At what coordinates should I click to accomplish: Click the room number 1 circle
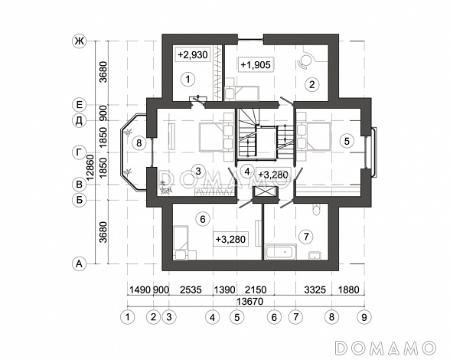pyautogui.click(x=188, y=79)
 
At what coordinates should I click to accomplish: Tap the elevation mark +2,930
pyautogui.click(x=193, y=54)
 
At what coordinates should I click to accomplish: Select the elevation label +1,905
pyautogui.click(x=256, y=64)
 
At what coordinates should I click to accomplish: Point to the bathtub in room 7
pyautogui.click(x=281, y=252)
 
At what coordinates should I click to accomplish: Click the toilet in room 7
pyautogui.click(x=316, y=210)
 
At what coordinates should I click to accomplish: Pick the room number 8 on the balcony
pyautogui.click(x=139, y=142)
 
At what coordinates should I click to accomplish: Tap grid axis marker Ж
pyautogui.click(x=79, y=41)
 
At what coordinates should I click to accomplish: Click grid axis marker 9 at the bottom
pyautogui.click(x=364, y=317)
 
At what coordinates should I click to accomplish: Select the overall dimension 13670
pyautogui.click(x=250, y=302)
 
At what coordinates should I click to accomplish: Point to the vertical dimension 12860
pyautogui.click(x=90, y=168)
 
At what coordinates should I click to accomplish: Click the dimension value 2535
pyautogui.click(x=191, y=290)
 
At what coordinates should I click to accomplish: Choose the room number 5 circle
pyautogui.click(x=347, y=141)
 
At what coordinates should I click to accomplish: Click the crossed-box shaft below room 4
pyautogui.click(x=265, y=193)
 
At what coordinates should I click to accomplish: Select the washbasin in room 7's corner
pyautogui.click(x=315, y=255)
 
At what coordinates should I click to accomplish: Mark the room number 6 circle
pyautogui.click(x=203, y=220)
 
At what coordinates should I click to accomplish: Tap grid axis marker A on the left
pyautogui.click(x=80, y=263)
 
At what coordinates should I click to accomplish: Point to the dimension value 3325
pyautogui.click(x=315, y=290)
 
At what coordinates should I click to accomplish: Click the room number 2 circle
pyautogui.click(x=312, y=84)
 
